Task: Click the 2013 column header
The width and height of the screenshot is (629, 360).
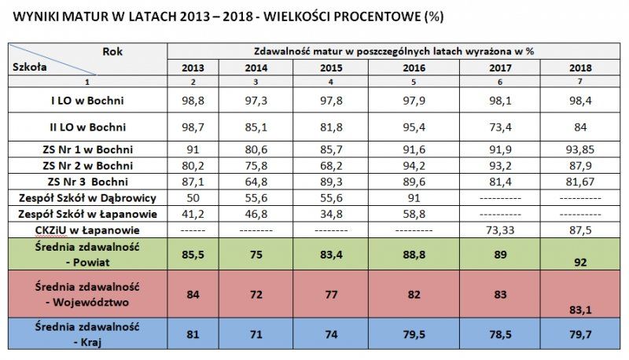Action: coord(193,68)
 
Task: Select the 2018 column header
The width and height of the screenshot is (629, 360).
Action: coord(580,68)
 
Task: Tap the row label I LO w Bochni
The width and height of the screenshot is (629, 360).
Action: coord(88,101)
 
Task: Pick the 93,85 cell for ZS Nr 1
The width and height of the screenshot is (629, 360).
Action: coord(580,150)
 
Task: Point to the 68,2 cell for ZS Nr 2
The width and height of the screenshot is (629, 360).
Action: coord(331,166)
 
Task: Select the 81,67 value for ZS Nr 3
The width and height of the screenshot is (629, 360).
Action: coord(580,182)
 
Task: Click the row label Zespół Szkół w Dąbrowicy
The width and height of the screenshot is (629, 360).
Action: coord(88,197)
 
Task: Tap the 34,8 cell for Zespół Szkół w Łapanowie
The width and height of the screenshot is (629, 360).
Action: coord(331,213)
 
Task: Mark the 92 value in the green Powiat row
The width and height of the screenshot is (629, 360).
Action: coord(580,263)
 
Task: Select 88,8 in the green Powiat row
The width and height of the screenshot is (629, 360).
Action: coord(414,255)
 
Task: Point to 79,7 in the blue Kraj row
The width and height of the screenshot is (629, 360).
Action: coord(580,334)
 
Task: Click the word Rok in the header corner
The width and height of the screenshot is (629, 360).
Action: coord(112,50)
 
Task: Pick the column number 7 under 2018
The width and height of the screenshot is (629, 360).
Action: coord(580,81)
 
